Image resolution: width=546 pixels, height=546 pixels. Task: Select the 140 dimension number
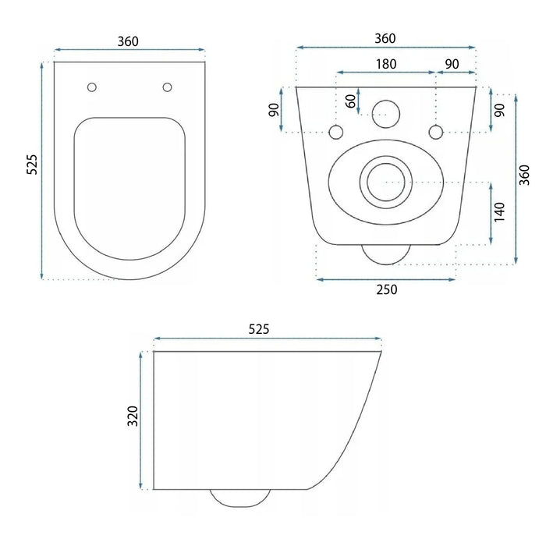tap(500, 212)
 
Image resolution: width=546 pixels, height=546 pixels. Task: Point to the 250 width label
tap(386, 289)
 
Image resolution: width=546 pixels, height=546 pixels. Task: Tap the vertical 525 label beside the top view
tap(32, 165)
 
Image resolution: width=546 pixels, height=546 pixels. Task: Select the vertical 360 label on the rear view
tap(524, 175)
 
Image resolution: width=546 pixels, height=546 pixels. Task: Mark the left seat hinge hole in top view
tap(92, 87)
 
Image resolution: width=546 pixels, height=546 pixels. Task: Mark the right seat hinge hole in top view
tap(167, 87)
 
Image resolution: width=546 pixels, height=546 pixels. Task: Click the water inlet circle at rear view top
tap(385, 114)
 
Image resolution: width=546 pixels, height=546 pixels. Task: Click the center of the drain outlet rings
tap(384, 181)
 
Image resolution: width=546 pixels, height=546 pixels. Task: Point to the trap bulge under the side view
tap(239, 498)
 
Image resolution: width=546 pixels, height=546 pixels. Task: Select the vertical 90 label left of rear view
tap(274, 110)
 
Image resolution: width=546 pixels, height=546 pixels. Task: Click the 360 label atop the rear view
tap(385, 38)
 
